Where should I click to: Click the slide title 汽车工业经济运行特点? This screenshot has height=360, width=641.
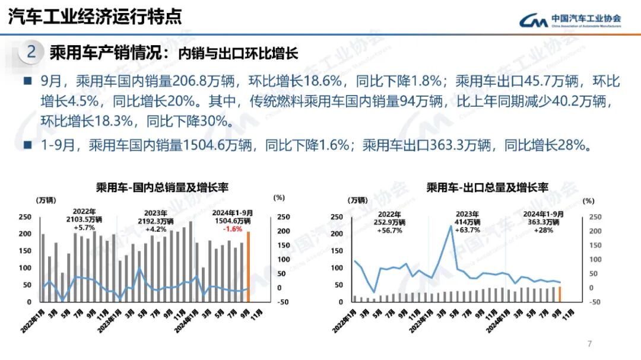(95, 16)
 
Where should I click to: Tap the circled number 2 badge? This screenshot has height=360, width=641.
(31, 53)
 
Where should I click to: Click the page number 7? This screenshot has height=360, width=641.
(589, 343)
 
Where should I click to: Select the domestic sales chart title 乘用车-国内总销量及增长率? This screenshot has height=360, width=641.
(162, 187)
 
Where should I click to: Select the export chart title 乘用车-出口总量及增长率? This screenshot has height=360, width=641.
(487, 187)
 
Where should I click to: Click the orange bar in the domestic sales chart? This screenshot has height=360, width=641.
(248, 266)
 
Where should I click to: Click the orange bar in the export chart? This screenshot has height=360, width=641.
(559, 294)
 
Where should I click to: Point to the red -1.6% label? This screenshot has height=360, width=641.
(232, 229)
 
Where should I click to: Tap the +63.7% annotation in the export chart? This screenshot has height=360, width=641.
(468, 230)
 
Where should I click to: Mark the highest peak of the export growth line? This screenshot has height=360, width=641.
(452, 226)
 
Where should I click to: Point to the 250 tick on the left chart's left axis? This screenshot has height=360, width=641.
(26, 217)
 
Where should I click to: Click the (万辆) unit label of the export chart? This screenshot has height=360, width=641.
(357, 200)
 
